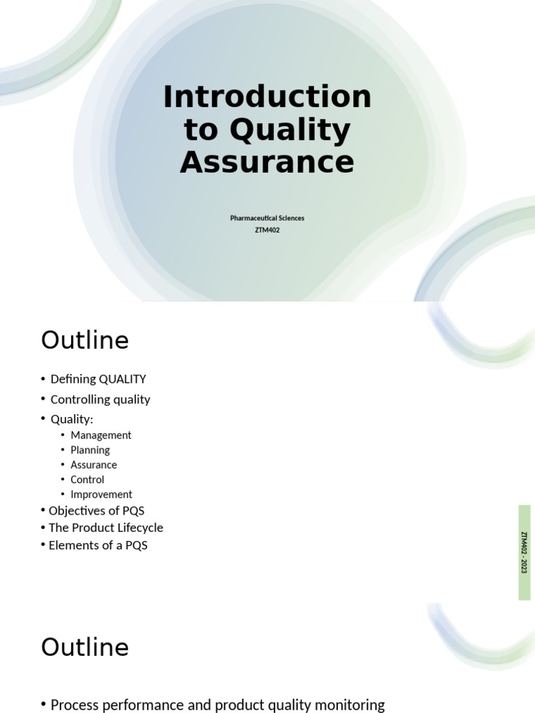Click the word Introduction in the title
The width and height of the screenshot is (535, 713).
(267, 97)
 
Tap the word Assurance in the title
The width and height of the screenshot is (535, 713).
(267, 162)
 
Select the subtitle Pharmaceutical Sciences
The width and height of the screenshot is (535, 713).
(267, 218)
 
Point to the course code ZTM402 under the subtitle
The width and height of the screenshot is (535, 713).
(267, 230)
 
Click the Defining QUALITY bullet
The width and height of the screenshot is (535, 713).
(98, 379)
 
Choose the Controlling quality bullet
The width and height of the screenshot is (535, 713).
(100, 400)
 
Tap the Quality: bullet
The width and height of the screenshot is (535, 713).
(72, 419)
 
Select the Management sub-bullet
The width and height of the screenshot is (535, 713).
(101, 435)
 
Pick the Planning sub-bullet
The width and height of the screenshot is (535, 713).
(90, 450)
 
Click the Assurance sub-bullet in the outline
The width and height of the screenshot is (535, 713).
(93, 465)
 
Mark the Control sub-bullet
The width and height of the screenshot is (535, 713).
(87, 480)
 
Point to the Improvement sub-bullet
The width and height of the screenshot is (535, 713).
(101, 495)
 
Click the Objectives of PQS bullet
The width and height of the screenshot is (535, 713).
(96, 511)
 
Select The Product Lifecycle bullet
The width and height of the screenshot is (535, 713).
(106, 528)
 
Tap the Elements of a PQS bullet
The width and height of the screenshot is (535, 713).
(98, 545)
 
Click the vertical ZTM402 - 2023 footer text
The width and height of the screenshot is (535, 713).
(524, 552)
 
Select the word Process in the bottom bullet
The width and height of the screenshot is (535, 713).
(75, 705)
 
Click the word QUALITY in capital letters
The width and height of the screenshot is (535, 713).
(123, 379)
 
